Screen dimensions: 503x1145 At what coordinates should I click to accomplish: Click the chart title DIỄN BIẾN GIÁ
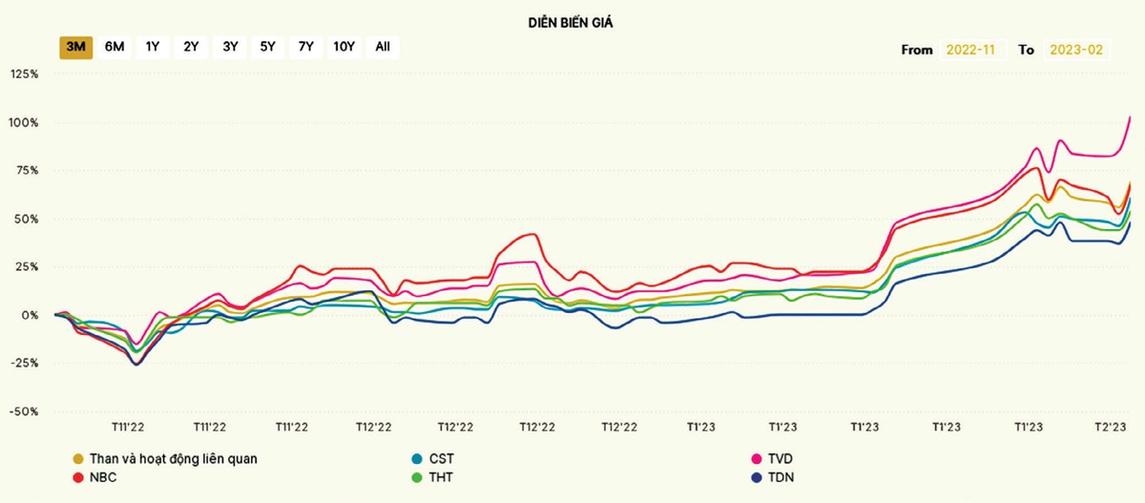click(x=570, y=22)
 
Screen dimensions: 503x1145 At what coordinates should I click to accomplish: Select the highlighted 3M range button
click(x=75, y=47)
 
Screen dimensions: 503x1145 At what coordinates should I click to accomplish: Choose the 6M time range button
click(x=114, y=47)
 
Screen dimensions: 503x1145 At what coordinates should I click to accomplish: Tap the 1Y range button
click(x=153, y=47)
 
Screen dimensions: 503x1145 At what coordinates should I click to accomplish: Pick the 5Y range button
click(x=267, y=47)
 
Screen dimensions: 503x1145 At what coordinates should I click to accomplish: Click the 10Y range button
click(x=343, y=47)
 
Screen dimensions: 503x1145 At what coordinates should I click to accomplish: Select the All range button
click(x=383, y=47)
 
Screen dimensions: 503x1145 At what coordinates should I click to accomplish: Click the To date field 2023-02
click(x=1075, y=50)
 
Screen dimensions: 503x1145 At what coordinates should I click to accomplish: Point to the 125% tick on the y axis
click(x=25, y=73)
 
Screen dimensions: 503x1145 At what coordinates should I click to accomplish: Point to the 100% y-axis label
click(x=25, y=122)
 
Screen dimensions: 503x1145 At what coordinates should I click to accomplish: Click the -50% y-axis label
click(x=25, y=411)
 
